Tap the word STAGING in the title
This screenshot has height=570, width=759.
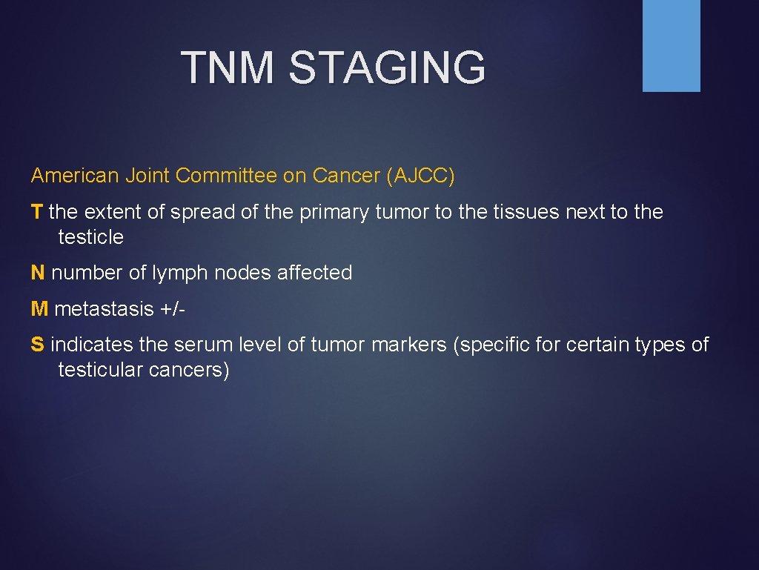click(x=387, y=67)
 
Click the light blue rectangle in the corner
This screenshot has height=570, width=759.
click(x=671, y=45)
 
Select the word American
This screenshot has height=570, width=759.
click(x=75, y=176)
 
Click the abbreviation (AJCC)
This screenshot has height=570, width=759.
click(x=420, y=176)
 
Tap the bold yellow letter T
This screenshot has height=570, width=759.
click(x=37, y=212)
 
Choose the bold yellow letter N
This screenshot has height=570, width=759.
click(x=38, y=273)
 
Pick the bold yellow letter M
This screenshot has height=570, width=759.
click(x=39, y=308)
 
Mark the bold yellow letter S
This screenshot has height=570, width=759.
click(x=37, y=345)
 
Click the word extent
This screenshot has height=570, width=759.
click(x=110, y=212)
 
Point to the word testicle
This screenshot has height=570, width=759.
click(x=90, y=237)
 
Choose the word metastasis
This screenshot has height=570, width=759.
click(x=104, y=308)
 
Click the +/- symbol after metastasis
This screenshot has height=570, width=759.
click(x=171, y=308)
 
